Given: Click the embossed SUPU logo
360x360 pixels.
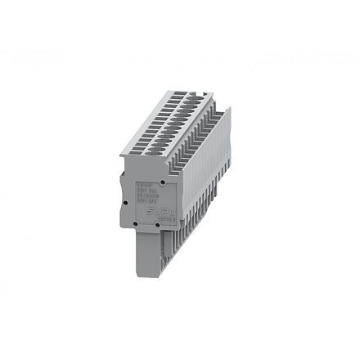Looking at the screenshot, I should pyautogui.click(x=161, y=211).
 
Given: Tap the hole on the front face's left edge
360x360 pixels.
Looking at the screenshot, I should pyautogui.click(x=124, y=201).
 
